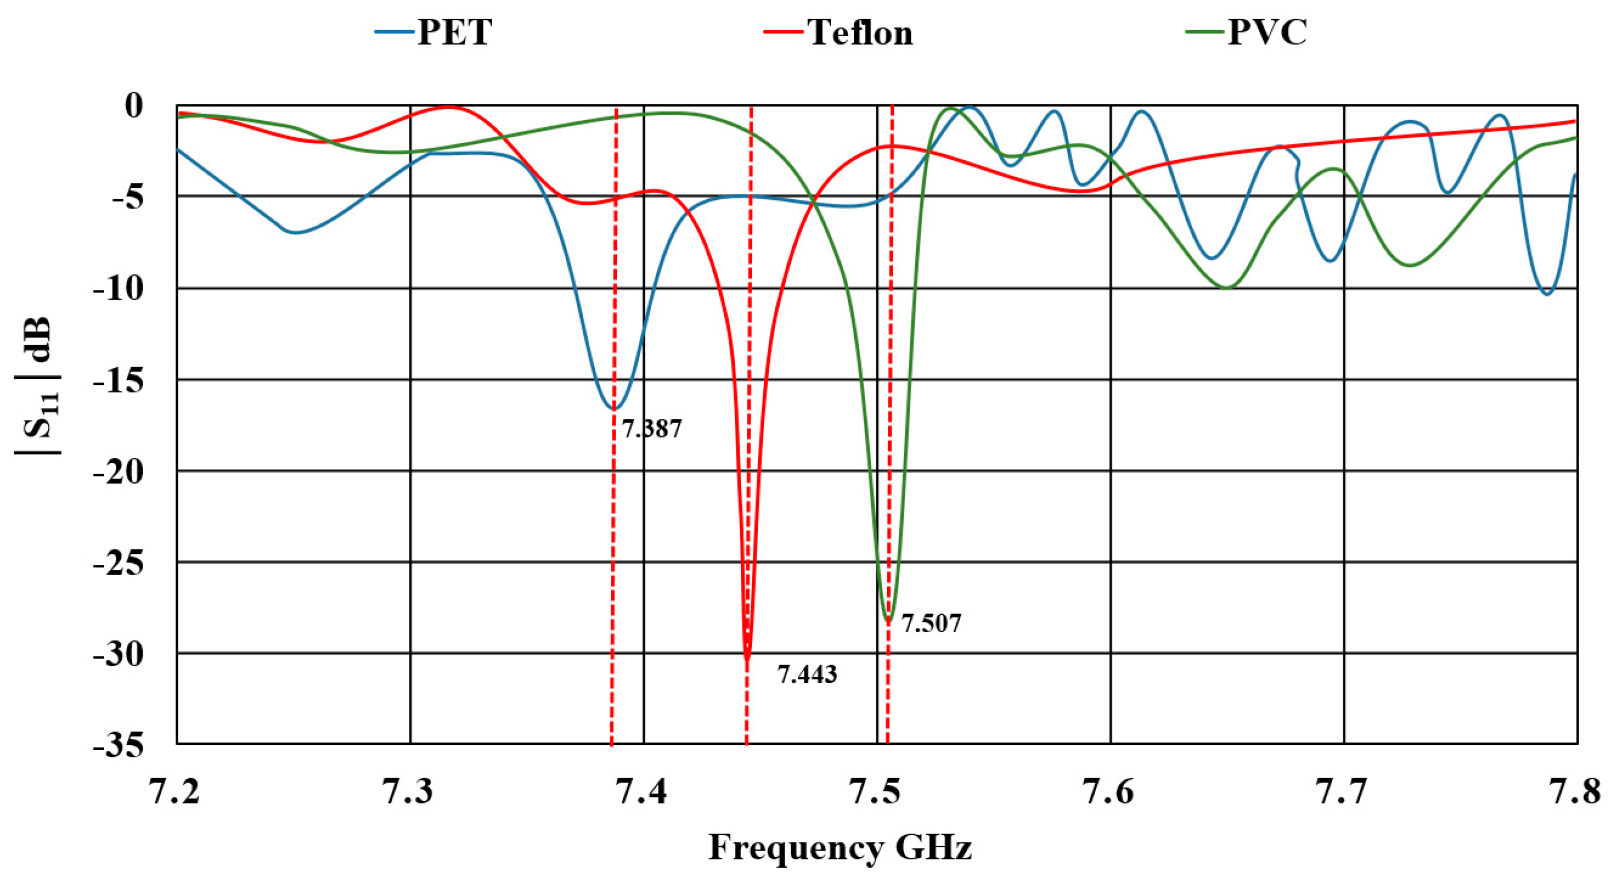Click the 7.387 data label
[651, 429]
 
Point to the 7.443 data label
[807, 674]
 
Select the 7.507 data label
[931, 624]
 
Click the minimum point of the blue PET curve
[614, 409]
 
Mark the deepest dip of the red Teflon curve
[747, 659]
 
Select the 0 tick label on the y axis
[133, 105]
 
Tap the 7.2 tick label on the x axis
[176, 792]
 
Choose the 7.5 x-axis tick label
[877, 792]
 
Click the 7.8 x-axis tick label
[1577, 792]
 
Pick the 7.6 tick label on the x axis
[1110, 792]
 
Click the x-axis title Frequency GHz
[840, 848]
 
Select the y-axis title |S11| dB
[38, 386]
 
